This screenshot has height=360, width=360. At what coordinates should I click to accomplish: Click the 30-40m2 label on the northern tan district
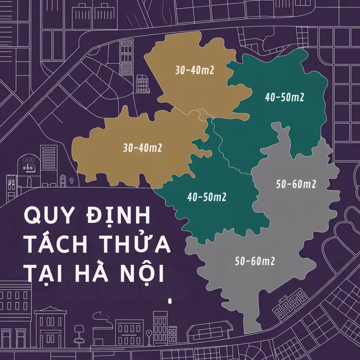(x=195, y=70)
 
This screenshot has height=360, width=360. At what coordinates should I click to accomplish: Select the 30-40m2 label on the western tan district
(x=142, y=148)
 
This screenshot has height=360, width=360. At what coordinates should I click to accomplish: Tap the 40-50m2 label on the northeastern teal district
(x=284, y=97)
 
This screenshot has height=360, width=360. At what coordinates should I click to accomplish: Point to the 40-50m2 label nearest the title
(x=207, y=198)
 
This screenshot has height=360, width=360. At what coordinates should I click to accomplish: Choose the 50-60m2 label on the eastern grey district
(x=296, y=184)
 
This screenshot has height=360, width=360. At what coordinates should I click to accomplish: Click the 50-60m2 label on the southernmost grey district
(x=255, y=261)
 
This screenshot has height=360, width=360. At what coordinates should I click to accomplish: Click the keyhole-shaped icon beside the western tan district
(x=72, y=181)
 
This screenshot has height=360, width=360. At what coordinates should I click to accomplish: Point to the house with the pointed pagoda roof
(x=50, y=323)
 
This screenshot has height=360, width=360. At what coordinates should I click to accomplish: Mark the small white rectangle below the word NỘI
(x=170, y=301)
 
